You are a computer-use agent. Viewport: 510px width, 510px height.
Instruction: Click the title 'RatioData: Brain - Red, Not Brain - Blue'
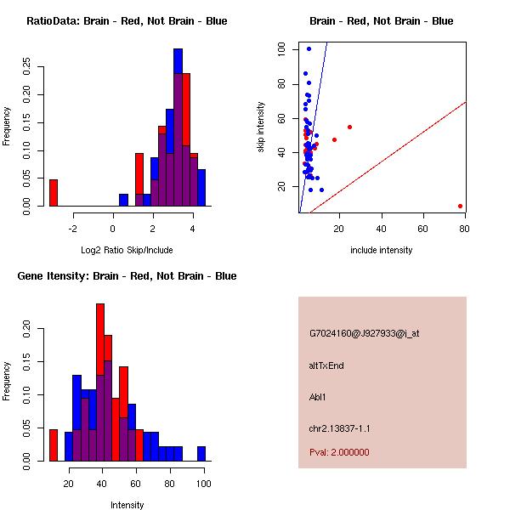tap(127, 21)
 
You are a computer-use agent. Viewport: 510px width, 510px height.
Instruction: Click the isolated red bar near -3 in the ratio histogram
tap(53, 193)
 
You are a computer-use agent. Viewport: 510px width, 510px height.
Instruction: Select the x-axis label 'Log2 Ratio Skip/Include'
tap(127, 250)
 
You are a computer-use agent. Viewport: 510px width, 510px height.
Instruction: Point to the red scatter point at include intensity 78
tap(460, 206)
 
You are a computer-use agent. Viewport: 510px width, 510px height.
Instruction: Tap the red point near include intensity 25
tap(349, 127)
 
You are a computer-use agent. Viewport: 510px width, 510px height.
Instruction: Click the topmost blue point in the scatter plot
tap(309, 48)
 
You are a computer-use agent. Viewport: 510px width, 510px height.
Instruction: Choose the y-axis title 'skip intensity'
tap(261, 127)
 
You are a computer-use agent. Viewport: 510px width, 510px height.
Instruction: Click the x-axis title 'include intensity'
tap(382, 250)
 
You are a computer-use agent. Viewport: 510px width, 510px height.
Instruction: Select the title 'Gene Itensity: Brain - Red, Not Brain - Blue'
tap(127, 276)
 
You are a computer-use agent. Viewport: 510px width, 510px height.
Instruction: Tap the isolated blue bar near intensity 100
tap(201, 454)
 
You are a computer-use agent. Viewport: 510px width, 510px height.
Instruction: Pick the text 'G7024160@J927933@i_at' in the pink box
tap(364, 333)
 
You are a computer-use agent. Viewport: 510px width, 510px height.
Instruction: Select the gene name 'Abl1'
tap(318, 397)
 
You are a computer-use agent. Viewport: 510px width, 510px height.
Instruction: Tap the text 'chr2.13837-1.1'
tap(339, 428)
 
